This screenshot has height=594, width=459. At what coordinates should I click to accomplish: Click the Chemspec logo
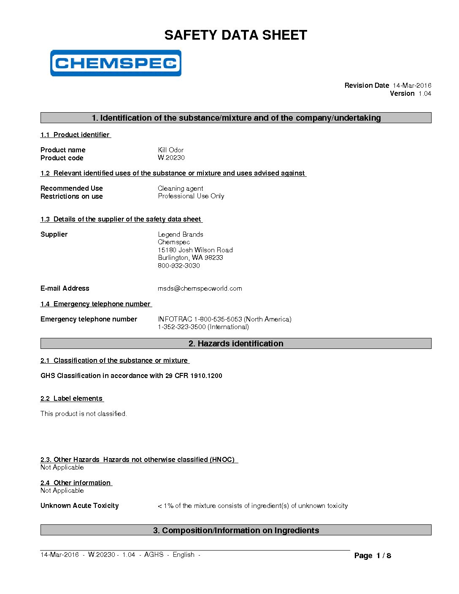point(116,63)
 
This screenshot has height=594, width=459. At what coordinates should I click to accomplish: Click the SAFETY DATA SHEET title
point(235,35)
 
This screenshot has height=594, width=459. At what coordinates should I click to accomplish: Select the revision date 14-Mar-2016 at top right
point(412,86)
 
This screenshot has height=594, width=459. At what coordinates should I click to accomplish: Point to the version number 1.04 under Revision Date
point(424,94)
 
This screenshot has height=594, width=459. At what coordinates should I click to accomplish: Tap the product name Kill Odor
point(170,150)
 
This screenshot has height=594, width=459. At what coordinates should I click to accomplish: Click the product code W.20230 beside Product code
point(171,158)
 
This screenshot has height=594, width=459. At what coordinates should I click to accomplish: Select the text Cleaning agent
point(180,189)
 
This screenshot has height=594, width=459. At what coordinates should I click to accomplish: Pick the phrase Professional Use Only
point(191,196)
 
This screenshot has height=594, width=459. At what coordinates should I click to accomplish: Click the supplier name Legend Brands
point(180,235)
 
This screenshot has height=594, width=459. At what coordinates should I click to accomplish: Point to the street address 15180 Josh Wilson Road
point(195,250)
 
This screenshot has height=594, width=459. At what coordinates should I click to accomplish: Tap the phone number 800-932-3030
point(178,266)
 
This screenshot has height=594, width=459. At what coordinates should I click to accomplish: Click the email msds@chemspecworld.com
point(200,289)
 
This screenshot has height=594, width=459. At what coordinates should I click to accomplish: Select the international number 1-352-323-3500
point(182,327)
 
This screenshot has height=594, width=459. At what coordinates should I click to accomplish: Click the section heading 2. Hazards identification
point(235,343)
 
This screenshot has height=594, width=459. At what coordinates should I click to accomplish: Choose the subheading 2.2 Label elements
point(72,399)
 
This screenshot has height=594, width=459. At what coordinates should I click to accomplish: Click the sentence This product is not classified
point(84,414)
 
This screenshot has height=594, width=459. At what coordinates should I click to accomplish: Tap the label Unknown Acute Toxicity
point(79,506)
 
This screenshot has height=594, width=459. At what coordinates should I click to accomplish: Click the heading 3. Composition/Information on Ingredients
point(235,530)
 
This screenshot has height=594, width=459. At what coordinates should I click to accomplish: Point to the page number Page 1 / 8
point(373,556)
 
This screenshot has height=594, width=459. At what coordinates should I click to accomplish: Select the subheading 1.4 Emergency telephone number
point(96,304)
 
